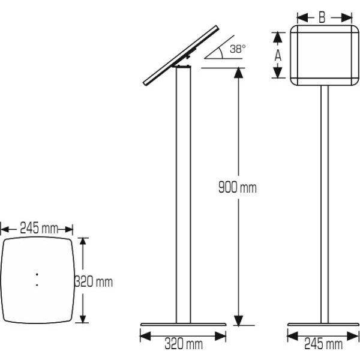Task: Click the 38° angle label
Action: pyautogui.click(x=238, y=49)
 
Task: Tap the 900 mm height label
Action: pyautogui.click(x=238, y=187)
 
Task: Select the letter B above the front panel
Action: pyautogui.click(x=322, y=17)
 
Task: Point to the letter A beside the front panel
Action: pyautogui.click(x=278, y=55)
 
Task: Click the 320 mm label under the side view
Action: pyautogui.click(x=184, y=344)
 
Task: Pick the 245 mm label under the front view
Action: pyautogui.click(x=323, y=344)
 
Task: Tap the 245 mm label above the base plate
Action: pyautogui.click(x=39, y=228)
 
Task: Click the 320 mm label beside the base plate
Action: pyautogui.click(x=94, y=281)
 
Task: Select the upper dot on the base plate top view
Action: pyautogui.click(x=37, y=274)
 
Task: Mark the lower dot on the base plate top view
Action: pyautogui.click(x=37, y=285)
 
